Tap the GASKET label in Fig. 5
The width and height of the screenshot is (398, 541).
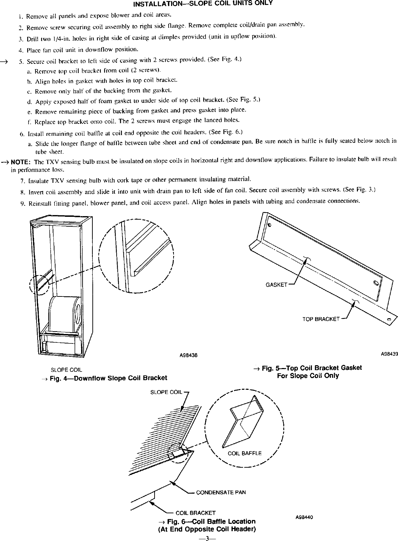tap(276, 285)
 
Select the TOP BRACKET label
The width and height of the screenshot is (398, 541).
tap(321, 319)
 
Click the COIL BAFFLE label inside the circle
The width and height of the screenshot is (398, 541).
tap(244, 453)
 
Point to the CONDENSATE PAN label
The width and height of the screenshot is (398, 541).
tap(221, 492)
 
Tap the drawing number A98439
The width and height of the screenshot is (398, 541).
tap(389, 354)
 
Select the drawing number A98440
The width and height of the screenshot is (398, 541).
tap(304, 517)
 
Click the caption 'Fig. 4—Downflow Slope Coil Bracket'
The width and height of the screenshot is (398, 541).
tap(108, 378)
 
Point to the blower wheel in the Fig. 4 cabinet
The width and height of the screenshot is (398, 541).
tap(65, 313)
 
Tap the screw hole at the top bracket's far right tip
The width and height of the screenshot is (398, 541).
tap(389, 320)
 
